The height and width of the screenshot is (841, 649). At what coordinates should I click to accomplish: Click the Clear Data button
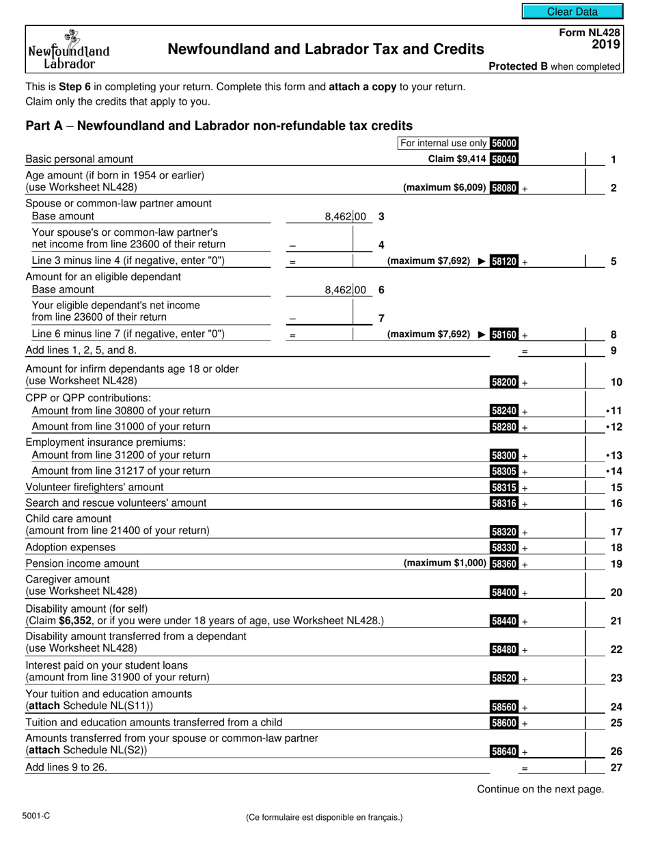tap(572, 12)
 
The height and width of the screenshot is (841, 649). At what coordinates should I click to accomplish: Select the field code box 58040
tap(504, 160)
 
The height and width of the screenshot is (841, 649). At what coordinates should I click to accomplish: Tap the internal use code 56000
tap(504, 144)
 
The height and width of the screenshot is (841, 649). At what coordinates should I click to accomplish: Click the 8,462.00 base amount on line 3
tap(346, 217)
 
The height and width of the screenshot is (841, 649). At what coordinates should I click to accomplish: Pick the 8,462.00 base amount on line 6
tap(346, 290)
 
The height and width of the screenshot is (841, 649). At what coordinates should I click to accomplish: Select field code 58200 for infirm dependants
tap(504, 383)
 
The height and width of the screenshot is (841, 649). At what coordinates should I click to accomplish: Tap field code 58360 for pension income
tap(504, 564)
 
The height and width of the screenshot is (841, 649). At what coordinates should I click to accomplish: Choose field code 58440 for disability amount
tap(504, 622)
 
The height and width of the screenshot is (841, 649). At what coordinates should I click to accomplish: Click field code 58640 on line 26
tap(504, 751)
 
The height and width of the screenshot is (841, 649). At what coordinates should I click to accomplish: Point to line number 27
tap(616, 768)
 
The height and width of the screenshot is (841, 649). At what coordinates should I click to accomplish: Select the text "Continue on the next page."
tap(540, 790)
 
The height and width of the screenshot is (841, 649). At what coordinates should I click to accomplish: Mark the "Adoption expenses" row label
tap(70, 548)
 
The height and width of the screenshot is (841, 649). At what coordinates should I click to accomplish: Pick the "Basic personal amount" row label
tap(79, 159)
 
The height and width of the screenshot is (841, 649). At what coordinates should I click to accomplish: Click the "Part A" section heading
tap(219, 126)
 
